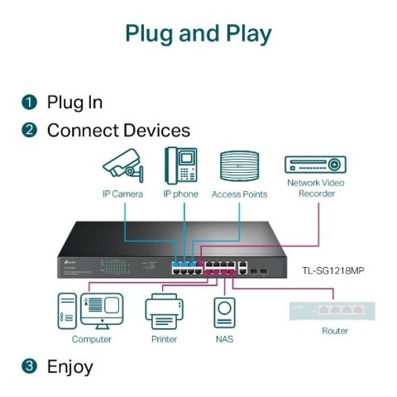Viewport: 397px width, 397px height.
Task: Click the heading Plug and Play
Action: (198, 34)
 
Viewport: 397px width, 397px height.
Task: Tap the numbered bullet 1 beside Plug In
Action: (29, 103)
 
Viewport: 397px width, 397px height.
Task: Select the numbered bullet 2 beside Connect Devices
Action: (29, 130)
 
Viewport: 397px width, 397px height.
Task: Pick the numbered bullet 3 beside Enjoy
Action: (29, 366)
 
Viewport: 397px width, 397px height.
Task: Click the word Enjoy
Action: (70, 366)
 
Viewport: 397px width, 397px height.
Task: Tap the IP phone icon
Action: (181, 165)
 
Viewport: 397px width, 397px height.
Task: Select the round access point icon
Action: (239, 165)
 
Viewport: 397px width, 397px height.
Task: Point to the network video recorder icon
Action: (315, 164)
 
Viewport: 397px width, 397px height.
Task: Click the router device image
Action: (333, 310)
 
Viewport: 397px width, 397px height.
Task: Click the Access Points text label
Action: (239, 194)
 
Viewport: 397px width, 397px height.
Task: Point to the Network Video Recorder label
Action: (316, 187)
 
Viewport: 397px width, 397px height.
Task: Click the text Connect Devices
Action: (118, 130)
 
